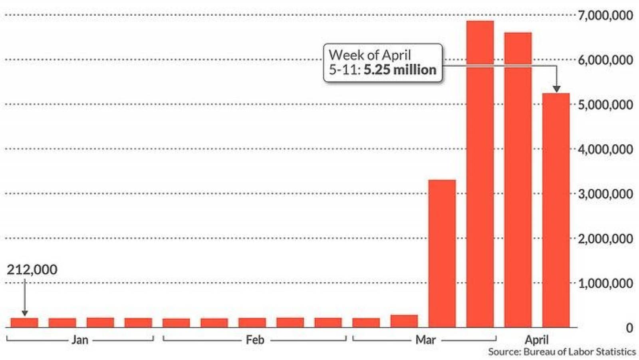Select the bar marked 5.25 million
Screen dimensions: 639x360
[556, 210]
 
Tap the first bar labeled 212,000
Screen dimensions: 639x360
[24, 322]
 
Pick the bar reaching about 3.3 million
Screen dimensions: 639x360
[442, 253]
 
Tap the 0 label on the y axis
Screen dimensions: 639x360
[629, 328]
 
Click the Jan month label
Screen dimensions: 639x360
[80, 340]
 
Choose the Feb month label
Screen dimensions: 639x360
[255, 340]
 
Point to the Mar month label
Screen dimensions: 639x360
[426, 340]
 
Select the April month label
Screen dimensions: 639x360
[537, 340]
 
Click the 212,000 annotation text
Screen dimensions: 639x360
[32, 269]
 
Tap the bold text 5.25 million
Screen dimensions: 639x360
[400, 70]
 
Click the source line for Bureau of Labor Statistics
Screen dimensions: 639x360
[562, 352]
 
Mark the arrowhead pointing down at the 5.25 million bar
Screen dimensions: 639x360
[557, 89]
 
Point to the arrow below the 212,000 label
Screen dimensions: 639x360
[24, 297]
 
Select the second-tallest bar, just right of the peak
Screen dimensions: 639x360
[518, 180]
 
